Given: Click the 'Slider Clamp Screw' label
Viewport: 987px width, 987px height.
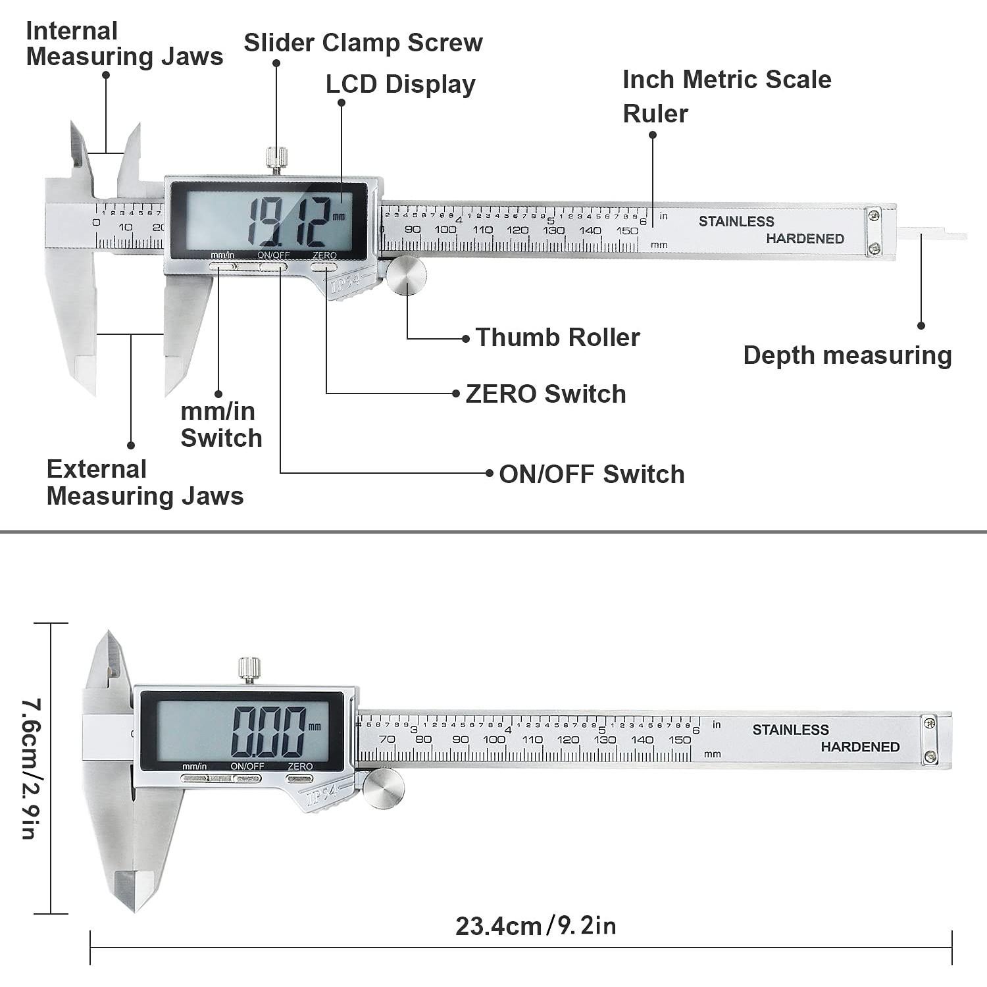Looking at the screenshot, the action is tap(363, 43).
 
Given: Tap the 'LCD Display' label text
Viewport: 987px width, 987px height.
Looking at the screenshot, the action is tap(400, 84).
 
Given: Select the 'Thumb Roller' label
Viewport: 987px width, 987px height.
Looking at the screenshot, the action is tap(557, 338).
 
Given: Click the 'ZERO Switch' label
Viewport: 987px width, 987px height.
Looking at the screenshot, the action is tap(545, 394).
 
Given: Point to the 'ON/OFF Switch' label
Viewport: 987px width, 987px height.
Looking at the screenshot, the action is tap(592, 474).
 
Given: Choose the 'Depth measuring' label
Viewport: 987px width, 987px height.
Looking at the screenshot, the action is tap(848, 355).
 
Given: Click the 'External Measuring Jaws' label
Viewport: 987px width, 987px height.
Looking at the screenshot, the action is tap(145, 482).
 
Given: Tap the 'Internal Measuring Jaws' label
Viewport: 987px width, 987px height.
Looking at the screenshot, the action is tap(124, 43).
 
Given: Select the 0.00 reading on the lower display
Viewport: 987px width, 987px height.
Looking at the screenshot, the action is tap(268, 731).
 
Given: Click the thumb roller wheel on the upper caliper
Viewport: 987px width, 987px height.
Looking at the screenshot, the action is tap(406, 275).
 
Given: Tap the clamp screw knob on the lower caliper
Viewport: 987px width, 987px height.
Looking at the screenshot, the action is tap(249, 669).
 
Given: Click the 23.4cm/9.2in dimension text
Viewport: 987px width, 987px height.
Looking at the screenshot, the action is tap(536, 926).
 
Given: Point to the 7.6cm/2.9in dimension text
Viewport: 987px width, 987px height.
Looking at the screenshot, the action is tap(30, 769).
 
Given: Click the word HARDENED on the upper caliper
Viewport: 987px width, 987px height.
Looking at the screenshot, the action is tap(805, 238).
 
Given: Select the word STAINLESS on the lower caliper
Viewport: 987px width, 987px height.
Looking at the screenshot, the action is tap(790, 730).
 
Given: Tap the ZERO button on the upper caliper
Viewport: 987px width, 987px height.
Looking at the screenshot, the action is tap(323, 267).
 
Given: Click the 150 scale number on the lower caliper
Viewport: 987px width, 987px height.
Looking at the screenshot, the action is tap(680, 740).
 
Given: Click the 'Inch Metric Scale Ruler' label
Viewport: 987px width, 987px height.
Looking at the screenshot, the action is tap(726, 96).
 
